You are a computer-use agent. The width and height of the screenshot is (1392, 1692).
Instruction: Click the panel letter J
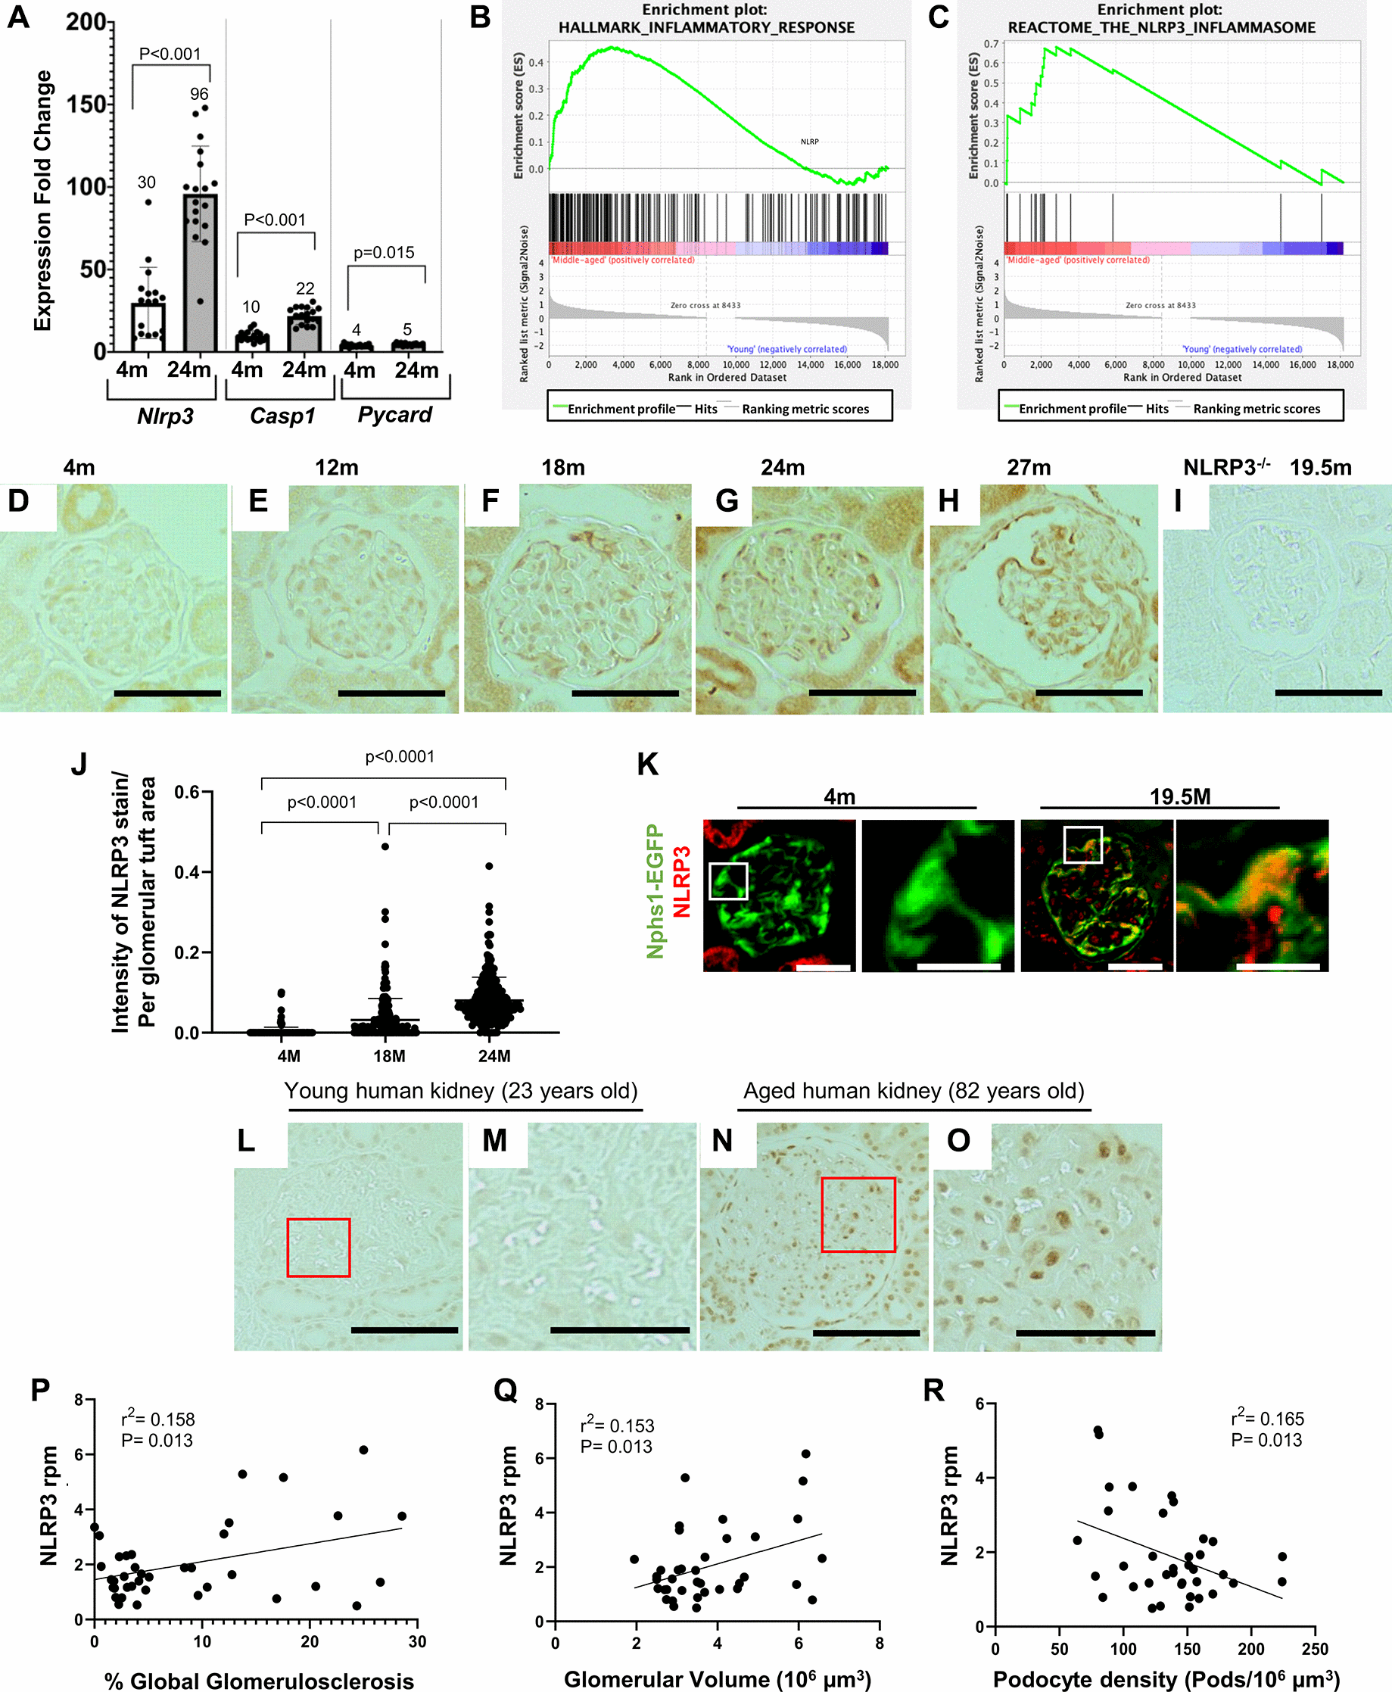point(79,763)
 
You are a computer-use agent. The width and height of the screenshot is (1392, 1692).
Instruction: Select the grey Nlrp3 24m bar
point(200,273)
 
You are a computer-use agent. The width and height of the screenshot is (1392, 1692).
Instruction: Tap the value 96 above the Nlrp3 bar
point(199,94)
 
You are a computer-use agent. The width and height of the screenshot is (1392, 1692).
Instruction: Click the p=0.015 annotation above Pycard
point(384,253)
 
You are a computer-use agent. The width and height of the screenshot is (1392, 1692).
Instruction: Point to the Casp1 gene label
point(282,416)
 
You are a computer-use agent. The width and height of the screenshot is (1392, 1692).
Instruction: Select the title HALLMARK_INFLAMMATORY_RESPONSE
point(705,28)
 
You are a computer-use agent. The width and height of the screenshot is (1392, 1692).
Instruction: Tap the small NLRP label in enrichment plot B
point(809,142)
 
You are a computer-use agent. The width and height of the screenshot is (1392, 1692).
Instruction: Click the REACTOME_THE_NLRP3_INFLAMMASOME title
point(1161,28)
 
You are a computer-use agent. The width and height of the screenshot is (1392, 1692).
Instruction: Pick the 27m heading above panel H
point(1028,468)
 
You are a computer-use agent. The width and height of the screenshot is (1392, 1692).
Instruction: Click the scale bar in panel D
point(167,693)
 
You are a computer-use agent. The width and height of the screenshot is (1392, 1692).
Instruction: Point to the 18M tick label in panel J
point(389,1056)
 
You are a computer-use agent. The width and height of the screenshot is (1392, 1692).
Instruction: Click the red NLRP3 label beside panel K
point(681,881)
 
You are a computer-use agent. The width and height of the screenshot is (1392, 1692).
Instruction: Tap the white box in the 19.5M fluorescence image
point(1082,844)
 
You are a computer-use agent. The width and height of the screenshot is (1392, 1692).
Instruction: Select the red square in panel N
point(858,1214)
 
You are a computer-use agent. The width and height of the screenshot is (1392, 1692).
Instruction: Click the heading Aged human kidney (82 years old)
point(914,1092)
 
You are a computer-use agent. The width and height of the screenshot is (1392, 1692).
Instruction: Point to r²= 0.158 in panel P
point(158,1419)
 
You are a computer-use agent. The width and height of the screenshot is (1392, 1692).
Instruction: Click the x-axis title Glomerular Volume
point(717,1678)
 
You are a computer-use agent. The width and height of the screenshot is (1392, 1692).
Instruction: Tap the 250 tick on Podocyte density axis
point(1314,1649)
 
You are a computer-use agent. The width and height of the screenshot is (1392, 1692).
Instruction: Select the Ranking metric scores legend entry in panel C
point(1256,409)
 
